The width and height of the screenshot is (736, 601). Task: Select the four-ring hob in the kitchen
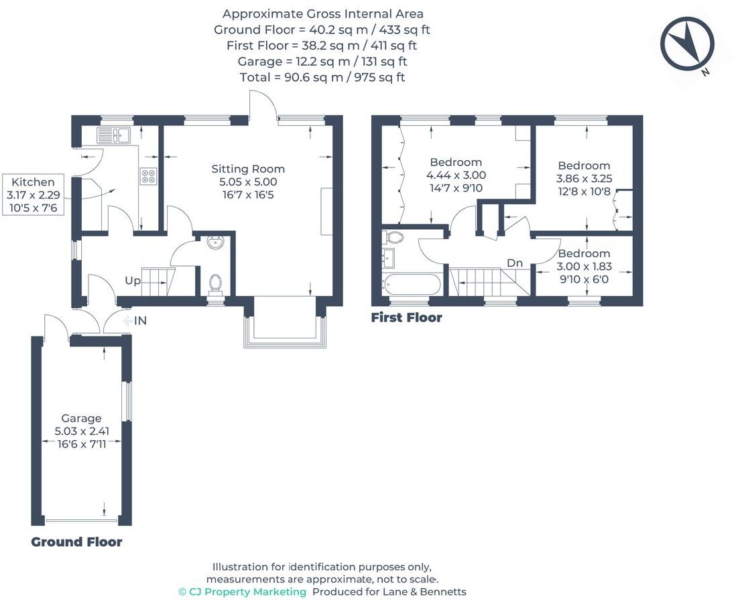(x=148, y=176)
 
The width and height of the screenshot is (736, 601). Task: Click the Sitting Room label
(x=248, y=169)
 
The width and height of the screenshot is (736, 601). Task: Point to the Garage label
(x=81, y=418)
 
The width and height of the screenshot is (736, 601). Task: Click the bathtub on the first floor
(x=412, y=284)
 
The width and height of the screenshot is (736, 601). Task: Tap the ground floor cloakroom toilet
(x=216, y=284)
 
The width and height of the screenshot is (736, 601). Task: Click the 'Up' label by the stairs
(x=133, y=281)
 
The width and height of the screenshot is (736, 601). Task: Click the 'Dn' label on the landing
(x=514, y=263)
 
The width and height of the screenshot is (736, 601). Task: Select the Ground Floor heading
(x=76, y=541)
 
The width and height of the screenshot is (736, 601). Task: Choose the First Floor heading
(x=406, y=317)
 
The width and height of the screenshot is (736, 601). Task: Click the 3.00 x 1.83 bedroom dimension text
(x=584, y=266)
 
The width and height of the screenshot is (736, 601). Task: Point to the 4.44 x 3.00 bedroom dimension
(x=456, y=175)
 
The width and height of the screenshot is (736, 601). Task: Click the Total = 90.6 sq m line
(x=322, y=77)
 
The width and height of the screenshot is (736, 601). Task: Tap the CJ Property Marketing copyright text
(x=242, y=592)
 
